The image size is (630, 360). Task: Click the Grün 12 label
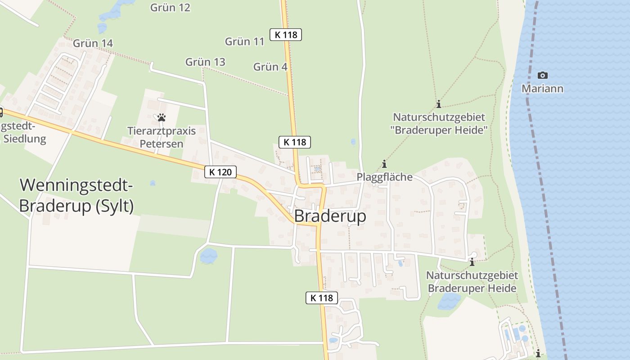[170, 8]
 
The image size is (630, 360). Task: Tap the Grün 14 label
[93, 43]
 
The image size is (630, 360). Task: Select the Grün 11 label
[244, 41]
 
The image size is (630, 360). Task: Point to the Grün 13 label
[205, 62]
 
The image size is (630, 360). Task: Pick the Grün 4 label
[270, 67]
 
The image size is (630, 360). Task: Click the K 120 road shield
[220, 171]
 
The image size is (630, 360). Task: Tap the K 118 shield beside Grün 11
[286, 34]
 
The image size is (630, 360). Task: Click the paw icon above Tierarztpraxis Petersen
[162, 117]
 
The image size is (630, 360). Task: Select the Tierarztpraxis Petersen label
[162, 137]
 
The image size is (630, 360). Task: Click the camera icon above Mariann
[543, 75]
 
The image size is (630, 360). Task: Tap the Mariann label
[542, 89]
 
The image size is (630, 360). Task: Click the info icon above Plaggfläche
[384, 164]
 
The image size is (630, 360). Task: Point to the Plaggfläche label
[384, 177]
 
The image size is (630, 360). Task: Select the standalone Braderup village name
[330, 216]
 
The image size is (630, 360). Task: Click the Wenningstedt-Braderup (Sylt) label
[77, 195]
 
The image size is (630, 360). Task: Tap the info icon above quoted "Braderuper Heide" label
[439, 104]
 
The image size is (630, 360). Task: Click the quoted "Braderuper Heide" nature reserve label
[439, 124]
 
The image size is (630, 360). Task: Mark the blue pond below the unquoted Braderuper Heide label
[449, 301]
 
